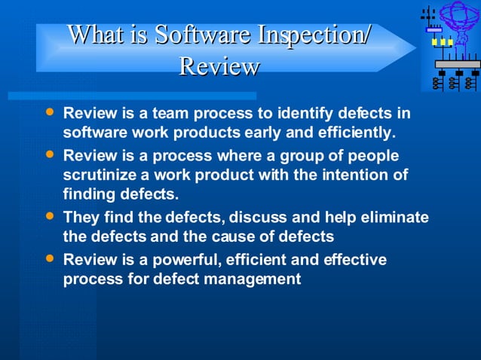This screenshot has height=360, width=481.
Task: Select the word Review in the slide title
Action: pos(219,66)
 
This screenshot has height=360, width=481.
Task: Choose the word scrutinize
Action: pos(100,175)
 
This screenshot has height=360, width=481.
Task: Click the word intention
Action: pos(358,175)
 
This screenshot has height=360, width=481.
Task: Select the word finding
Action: pos(90,194)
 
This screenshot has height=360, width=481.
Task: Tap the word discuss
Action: pos(257,218)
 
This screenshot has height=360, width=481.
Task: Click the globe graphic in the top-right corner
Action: pos(459,16)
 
